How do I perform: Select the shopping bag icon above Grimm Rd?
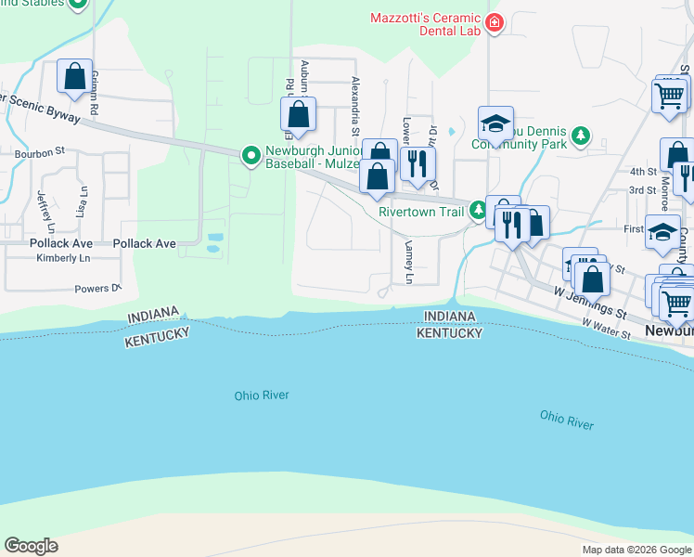tap(74, 76)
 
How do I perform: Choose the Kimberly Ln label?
tap(63, 257)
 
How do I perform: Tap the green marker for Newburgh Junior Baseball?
tap(251, 156)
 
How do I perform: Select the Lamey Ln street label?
tap(408, 263)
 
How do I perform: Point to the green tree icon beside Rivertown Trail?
tap(478, 211)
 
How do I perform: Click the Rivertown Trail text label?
tap(420, 212)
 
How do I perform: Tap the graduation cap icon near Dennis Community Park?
tap(496, 123)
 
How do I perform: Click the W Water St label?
tap(607, 328)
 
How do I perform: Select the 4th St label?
tap(643, 172)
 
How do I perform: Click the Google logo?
tap(31, 546)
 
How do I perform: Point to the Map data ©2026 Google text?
tap(636, 550)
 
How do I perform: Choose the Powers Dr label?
tap(98, 289)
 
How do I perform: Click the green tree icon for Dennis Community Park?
tap(581, 137)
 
